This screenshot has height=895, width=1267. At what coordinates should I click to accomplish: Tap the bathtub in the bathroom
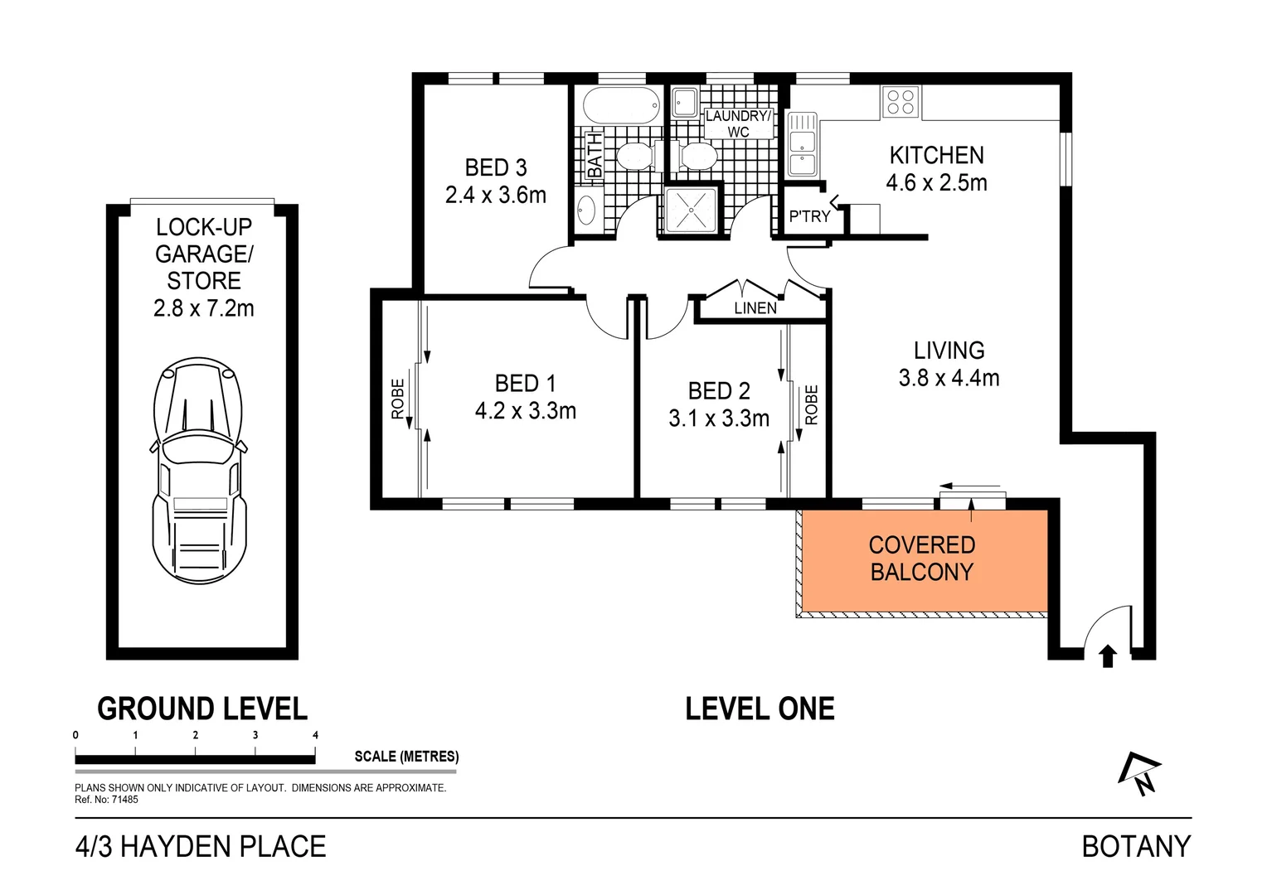point(622,106)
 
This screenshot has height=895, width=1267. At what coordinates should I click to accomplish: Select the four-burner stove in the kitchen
point(900,101)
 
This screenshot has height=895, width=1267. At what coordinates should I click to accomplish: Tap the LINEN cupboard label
point(755,308)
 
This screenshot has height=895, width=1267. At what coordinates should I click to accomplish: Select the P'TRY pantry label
point(809,216)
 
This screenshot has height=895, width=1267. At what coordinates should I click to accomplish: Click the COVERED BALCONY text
point(921,559)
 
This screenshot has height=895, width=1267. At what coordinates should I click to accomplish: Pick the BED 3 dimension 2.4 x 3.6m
point(496,196)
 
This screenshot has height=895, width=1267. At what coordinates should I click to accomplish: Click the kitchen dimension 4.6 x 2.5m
point(936,183)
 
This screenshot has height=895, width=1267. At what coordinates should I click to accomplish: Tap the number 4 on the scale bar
point(315,735)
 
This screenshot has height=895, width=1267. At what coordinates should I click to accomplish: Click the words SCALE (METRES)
point(406,756)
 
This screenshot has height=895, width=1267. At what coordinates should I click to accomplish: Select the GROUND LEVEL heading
point(202,709)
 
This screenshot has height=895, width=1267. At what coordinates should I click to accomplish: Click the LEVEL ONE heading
point(760,709)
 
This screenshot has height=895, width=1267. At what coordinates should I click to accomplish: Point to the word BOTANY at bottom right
point(1136,846)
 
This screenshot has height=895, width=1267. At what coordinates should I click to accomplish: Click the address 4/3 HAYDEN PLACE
point(201,846)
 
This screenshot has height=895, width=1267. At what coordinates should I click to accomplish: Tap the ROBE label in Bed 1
point(397,399)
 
